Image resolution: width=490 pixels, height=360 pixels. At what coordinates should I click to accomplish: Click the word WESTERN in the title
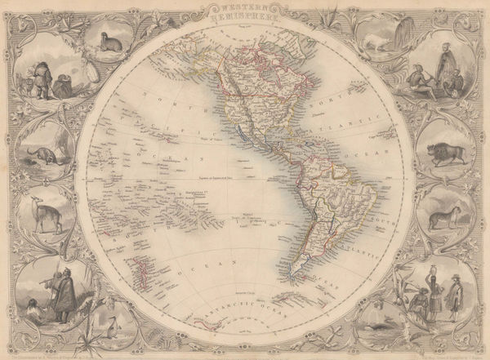point(245,7)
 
